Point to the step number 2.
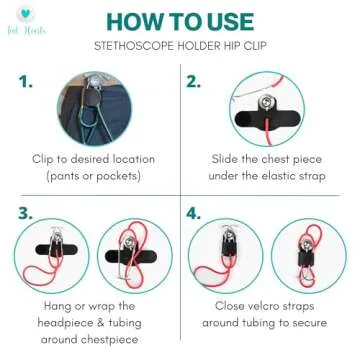point(194,82)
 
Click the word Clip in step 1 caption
point(43,158)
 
